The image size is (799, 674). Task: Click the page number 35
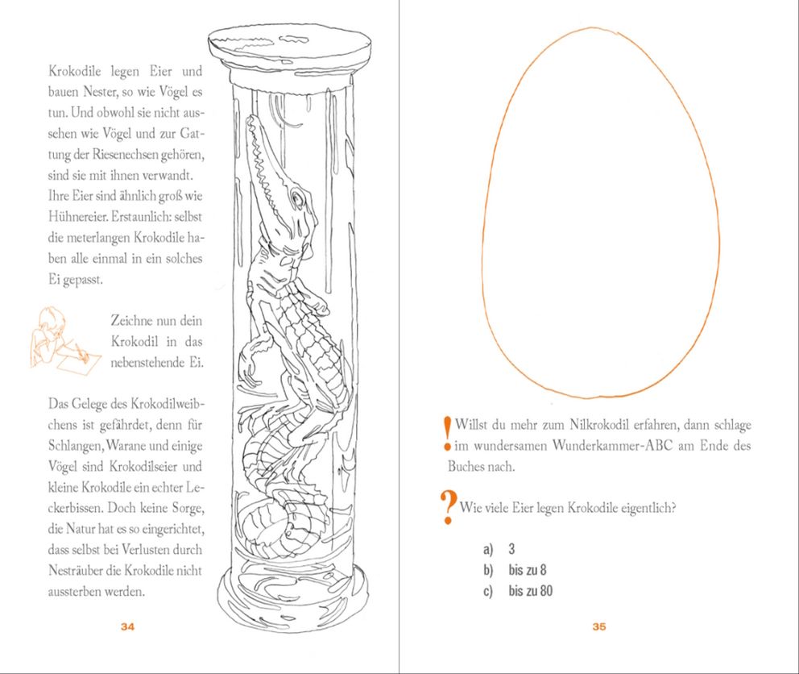(598, 627)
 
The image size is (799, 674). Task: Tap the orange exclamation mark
(447, 434)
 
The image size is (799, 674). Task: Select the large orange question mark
(447, 508)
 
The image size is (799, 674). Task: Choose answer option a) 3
(499, 550)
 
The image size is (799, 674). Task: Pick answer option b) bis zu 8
(516, 571)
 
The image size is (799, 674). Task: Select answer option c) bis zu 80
(520, 592)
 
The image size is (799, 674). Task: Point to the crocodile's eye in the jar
(300, 195)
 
